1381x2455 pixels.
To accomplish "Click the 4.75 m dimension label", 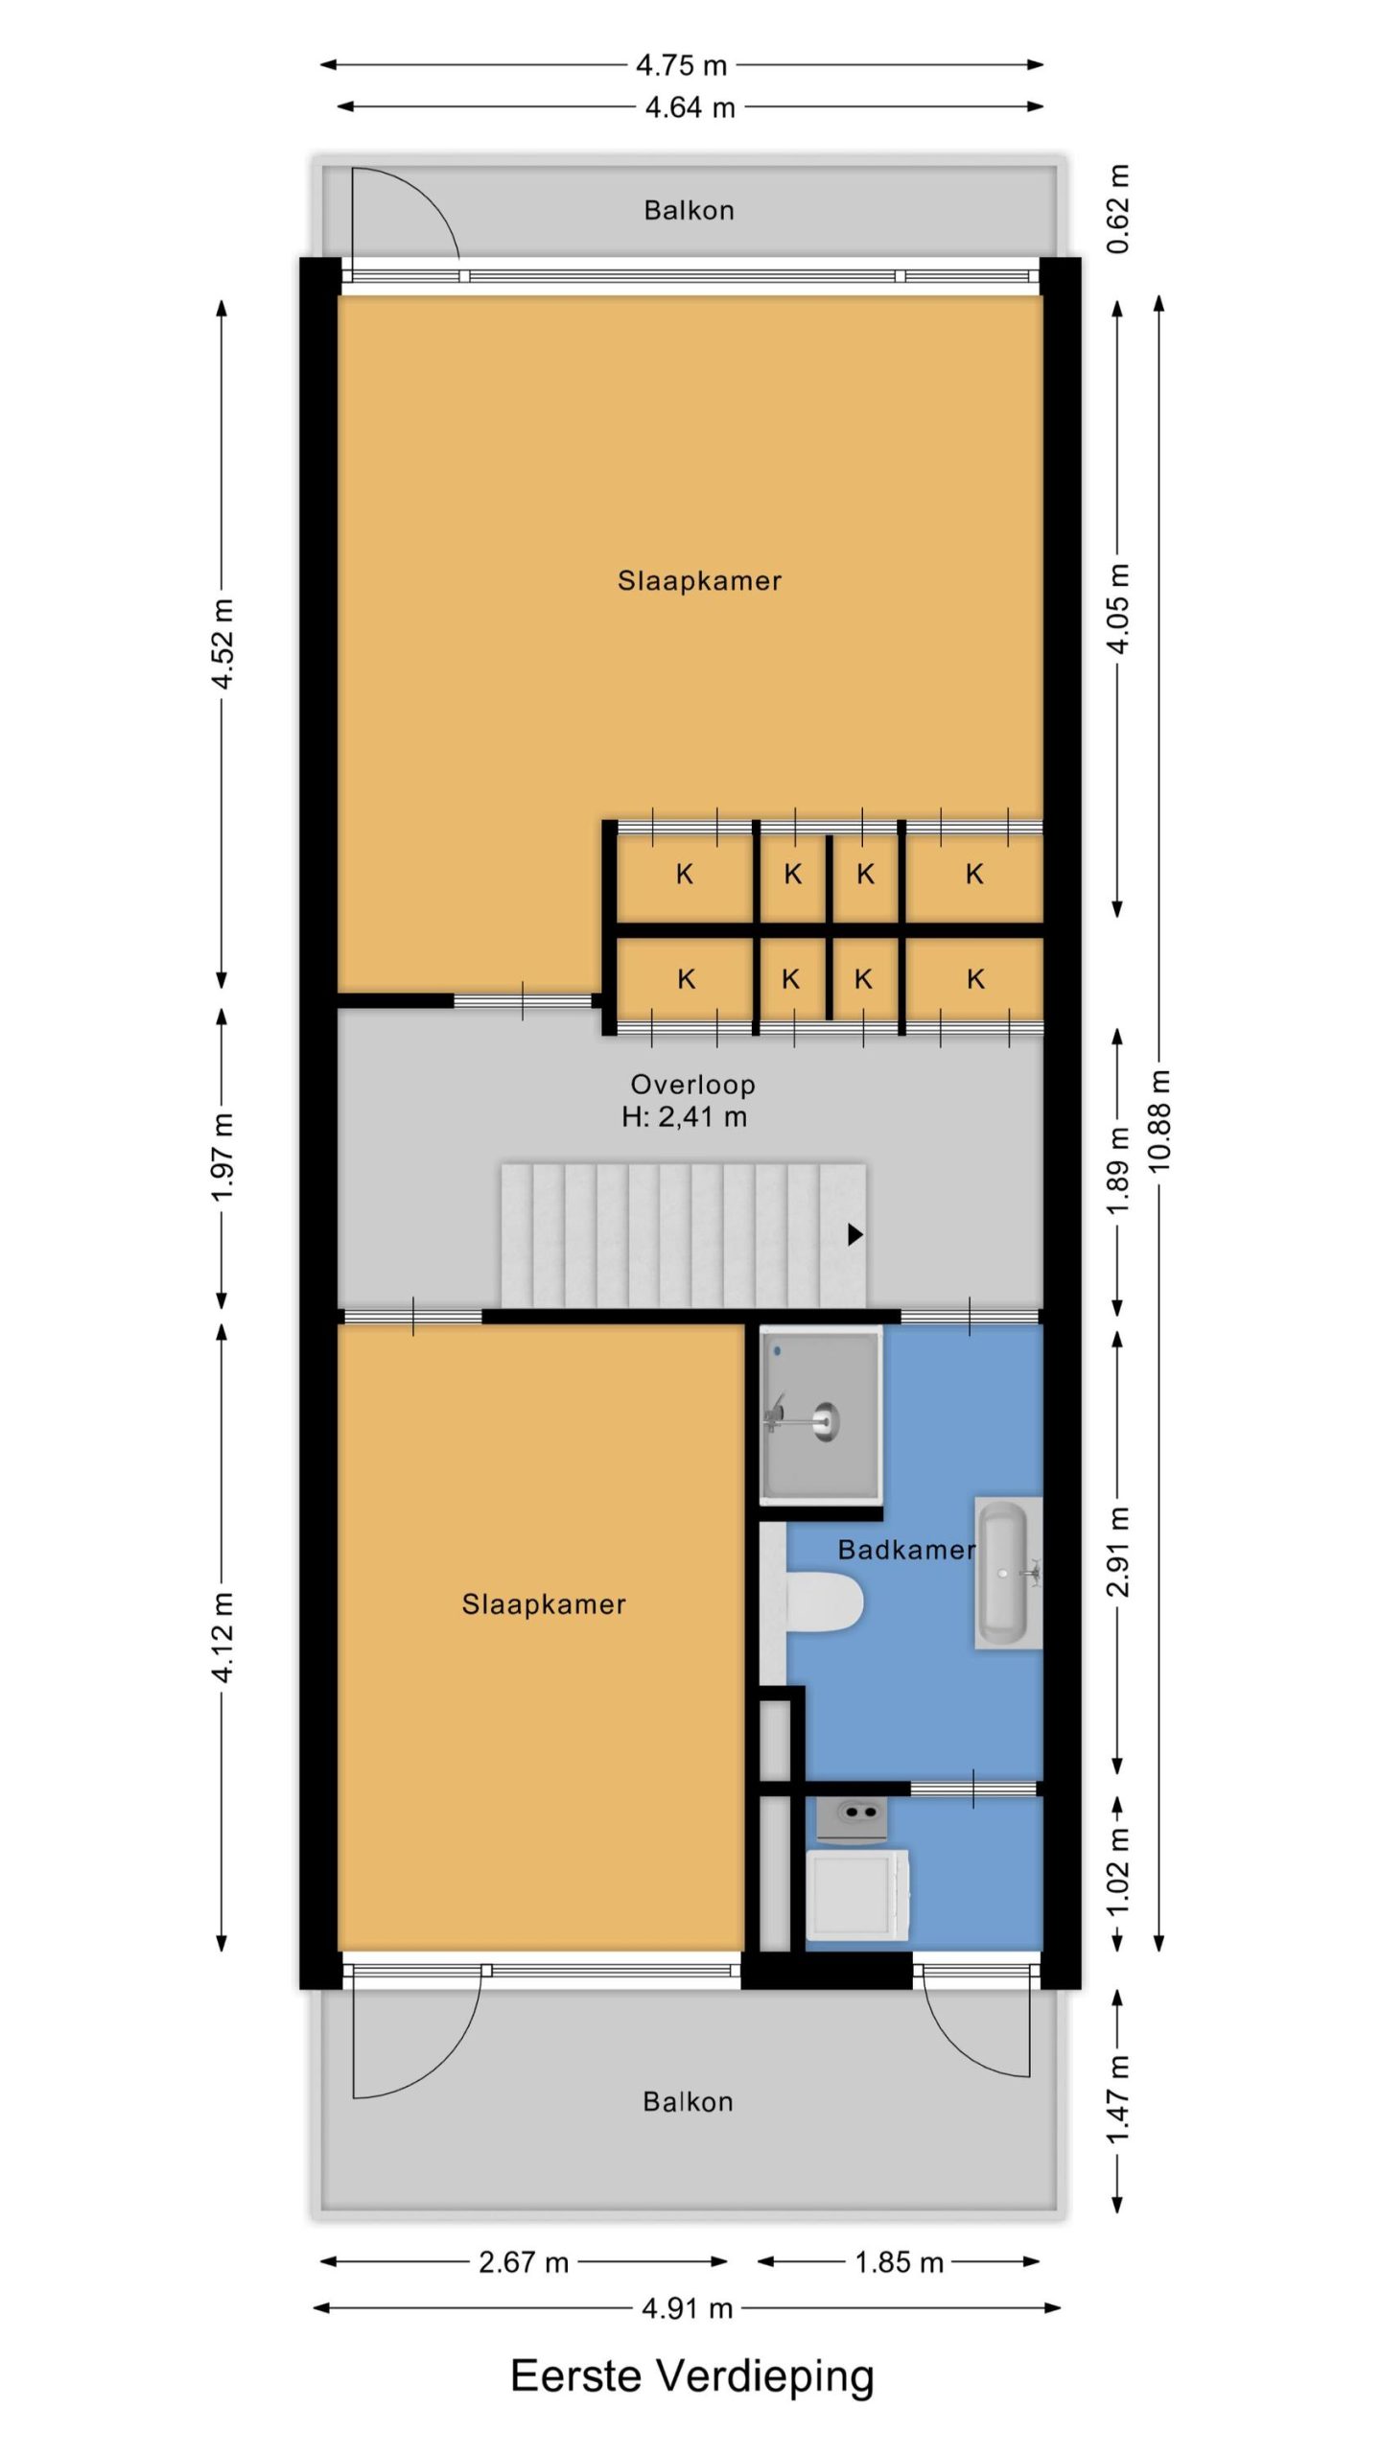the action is tap(682, 65).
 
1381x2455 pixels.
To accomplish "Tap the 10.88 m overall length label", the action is tap(1159, 1119).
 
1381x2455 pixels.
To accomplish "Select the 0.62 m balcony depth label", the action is tap(1117, 209).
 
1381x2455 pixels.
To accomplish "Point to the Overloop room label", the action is tap(692, 1085).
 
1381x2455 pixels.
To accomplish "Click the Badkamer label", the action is tap(906, 1550).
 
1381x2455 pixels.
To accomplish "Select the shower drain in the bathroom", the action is tap(825, 1419).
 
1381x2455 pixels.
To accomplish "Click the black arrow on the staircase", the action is tap(855, 1234).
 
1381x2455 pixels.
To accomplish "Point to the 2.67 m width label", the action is tap(524, 2262).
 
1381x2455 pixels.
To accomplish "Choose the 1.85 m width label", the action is tap(900, 2262).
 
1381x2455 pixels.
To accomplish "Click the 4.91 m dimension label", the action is tap(688, 2307).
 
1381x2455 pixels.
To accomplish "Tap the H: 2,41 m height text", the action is tap(685, 1116).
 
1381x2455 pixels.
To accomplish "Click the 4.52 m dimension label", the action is tap(222, 643).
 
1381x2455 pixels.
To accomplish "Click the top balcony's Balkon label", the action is tap(689, 210).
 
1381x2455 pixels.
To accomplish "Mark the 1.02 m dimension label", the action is tap(1117, 1870).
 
